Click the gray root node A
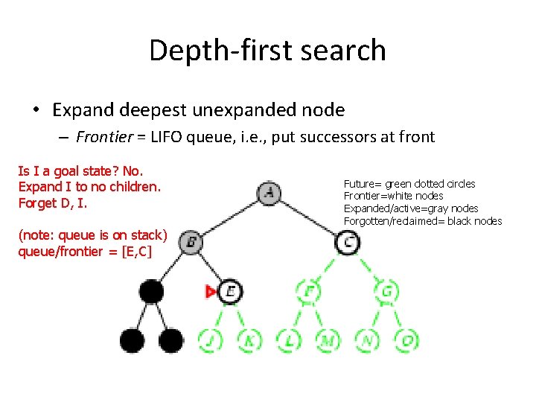pos(269,194)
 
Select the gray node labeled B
pos(191,241)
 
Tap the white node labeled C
pos(348,241)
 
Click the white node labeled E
pos(230,290)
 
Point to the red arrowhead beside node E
pos(211,291)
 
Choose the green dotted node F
pos(308,290)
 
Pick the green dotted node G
pos(387,290)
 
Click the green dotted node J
pos(210,340)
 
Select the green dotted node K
pos(249,340)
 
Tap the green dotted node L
pos(289,340)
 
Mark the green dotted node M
pos(328,340)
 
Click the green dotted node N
pos(367,340)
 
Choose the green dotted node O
pos(406,340)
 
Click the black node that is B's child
pos(151,290)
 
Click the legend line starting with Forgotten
pos(422,221)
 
